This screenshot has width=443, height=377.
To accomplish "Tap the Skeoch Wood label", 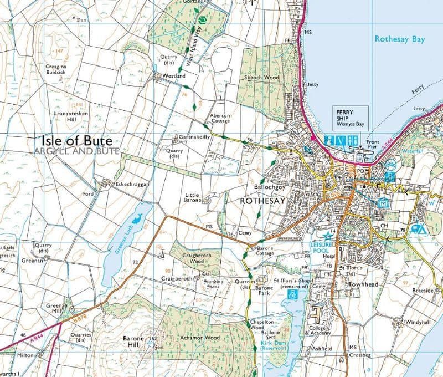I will [x=262, y=78].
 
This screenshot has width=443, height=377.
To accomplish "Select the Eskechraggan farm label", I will [x=130, y=184].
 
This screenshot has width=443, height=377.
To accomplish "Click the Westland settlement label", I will [x=173, y=75].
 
